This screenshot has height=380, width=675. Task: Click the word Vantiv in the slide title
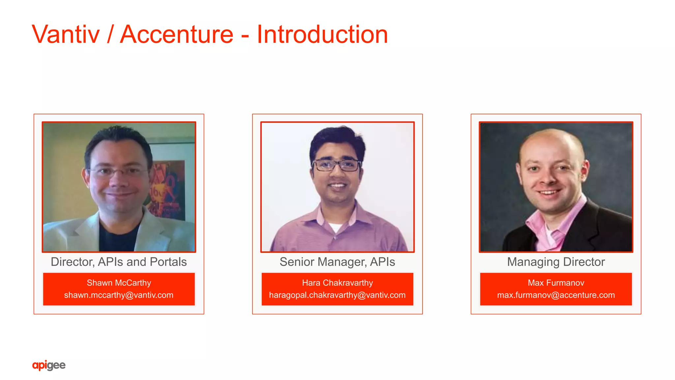coord(66,34)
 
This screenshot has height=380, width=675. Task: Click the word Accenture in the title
coord(177,34)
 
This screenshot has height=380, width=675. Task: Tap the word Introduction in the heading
coord(322,34)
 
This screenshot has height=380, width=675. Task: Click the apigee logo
coord(49,365)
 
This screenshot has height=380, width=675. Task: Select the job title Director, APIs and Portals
coord(119,262)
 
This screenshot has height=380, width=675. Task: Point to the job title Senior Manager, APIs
coord(337,262)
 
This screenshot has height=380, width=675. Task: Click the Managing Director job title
coord(556,262)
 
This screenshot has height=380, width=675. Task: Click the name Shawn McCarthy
coord(119,283)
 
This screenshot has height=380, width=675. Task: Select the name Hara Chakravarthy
coord(337,283)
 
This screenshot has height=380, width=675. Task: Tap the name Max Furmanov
coord(556,283)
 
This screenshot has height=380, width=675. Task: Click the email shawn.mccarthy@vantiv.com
coord(119,295)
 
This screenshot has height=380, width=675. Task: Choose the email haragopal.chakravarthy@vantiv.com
coord(337,295)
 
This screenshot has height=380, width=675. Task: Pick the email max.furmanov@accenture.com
coord(556,295)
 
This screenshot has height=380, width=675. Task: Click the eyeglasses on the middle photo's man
coord(336,165)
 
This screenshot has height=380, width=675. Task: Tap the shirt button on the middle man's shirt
coord(335,238)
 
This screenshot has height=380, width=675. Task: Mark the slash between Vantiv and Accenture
coord(110,34)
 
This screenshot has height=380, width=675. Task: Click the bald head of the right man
coord(550,142)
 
